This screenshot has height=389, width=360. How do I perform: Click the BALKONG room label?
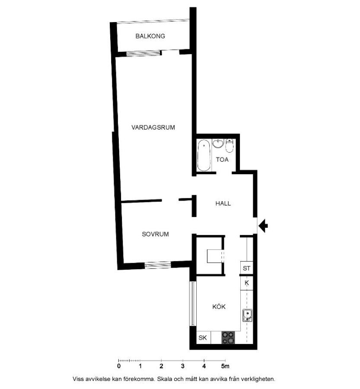[x=150, y=36]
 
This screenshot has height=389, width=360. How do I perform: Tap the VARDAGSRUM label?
[x=153, y=128]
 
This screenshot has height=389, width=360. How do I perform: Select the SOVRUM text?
[x=155, y=234]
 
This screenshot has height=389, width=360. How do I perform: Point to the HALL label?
[x=223, y=204]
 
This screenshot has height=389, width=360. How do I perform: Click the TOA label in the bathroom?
[x=222, y=159]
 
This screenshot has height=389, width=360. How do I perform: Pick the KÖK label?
[x=219, y=306]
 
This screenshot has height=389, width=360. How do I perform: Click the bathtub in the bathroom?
[x=204, y=155]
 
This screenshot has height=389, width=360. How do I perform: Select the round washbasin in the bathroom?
[x=218, y=143]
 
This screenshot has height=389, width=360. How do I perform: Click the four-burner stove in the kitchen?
[x=228, y=338]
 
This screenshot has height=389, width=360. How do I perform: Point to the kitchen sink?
[x=247, y=316]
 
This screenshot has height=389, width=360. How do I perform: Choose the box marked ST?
[x=247, y=268]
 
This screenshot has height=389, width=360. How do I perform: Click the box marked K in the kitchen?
[x=247, y=283]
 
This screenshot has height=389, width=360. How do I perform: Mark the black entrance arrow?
[x=263, y=226]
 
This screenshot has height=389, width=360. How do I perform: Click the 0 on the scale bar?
[x=119, y=366]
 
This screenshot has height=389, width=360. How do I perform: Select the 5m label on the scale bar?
[x=225, y=366]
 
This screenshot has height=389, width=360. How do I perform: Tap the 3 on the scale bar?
[x=183, y=366]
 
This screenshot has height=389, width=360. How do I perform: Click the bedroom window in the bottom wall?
[x=158, y=265]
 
